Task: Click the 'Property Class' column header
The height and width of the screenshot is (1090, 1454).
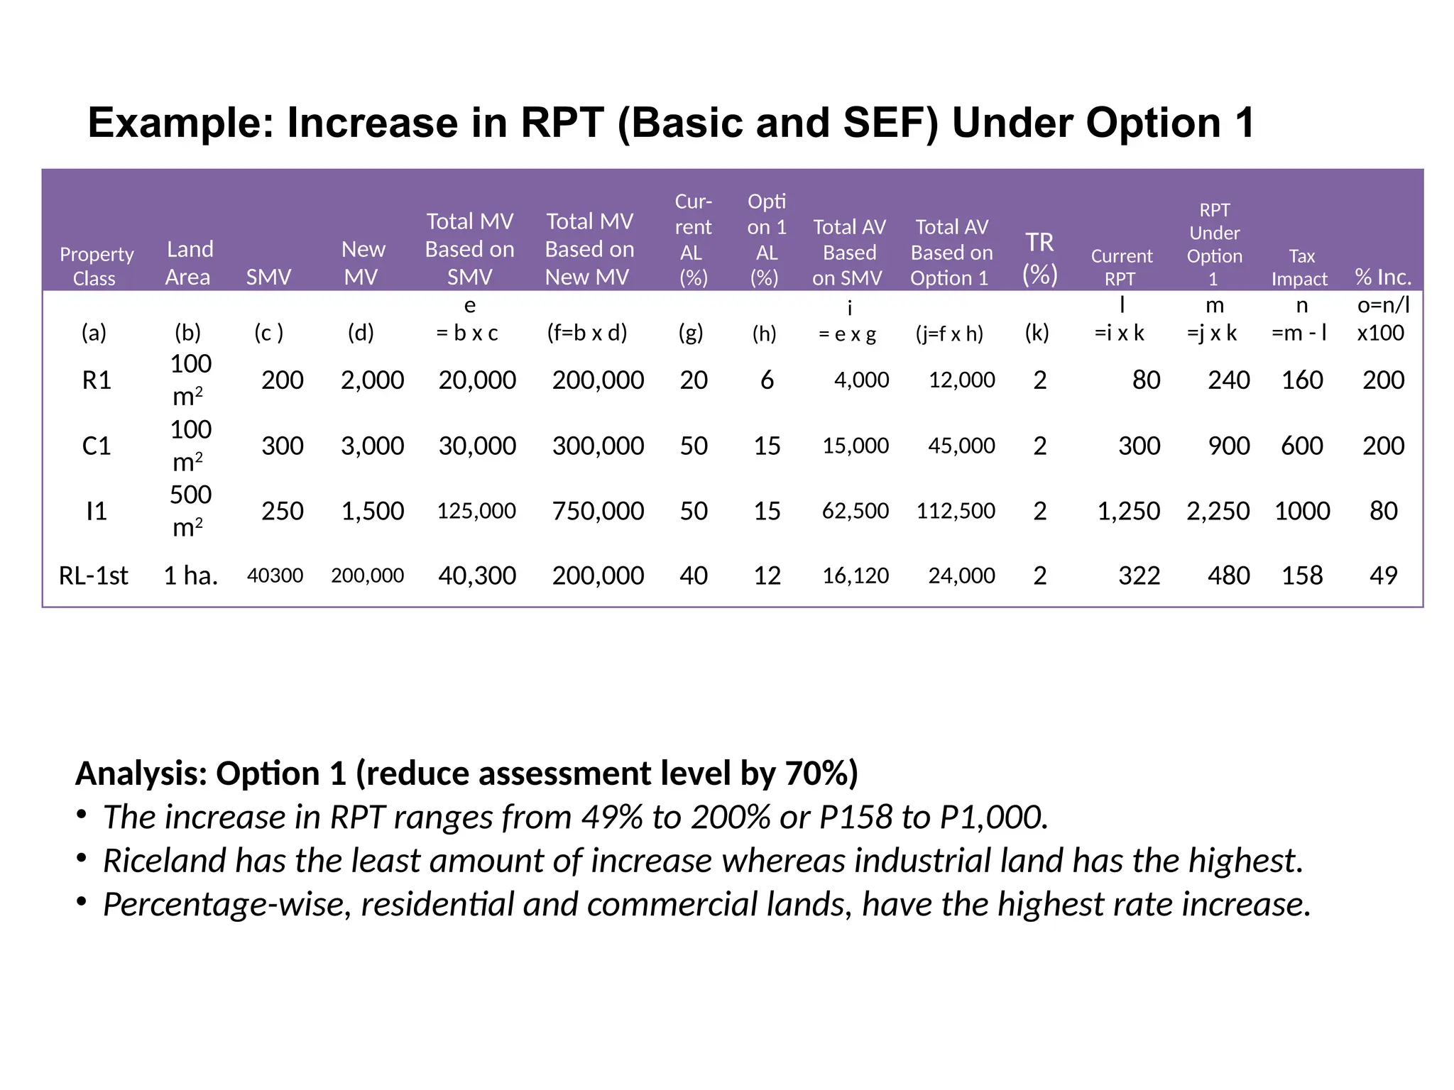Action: pos(96,266)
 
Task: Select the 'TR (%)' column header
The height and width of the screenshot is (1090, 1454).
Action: pos(1039,258)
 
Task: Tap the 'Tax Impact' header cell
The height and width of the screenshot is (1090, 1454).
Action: pos(1301,268)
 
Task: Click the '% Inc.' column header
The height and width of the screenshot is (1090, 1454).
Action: pos(1382,277)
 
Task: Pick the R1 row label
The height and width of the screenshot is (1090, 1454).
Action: pos(97,380)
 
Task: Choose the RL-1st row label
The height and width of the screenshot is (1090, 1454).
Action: pos(94,576)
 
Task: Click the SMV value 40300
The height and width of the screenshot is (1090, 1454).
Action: pos(275,576)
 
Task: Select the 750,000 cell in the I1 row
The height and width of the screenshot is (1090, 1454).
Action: pos(598,511)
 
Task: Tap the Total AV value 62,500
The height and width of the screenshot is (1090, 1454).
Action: pos(855,511)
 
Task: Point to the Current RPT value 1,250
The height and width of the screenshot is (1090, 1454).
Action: pos(1128,511)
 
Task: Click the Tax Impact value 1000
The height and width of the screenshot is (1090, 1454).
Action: pos(1301,511)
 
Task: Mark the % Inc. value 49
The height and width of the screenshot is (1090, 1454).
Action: pos(1383,576)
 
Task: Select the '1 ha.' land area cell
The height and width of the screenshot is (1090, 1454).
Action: pos(190,576)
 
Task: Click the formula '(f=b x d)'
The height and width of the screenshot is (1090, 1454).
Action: pos(587,333)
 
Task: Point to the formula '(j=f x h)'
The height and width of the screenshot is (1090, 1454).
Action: pos(949,334)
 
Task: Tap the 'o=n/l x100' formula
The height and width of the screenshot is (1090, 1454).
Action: pos(1382,319)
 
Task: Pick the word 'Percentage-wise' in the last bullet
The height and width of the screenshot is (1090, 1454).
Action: pos(226,905)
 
